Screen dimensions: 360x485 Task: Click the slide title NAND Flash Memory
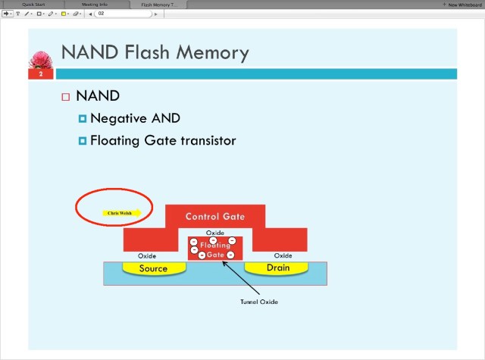pyautogui.click(x=155, y=52)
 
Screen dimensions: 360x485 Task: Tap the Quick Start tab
pyautogui.click(x=33, y=5)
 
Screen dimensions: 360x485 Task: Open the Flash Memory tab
pyautogui.click(x=158, y=5)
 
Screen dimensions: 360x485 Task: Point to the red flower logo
pyautogui.click(x=40, y=60)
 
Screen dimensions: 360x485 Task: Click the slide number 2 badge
pyautogui.click(x=41, y=74)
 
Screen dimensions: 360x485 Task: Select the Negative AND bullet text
pyautogui.click(x=135, y=118)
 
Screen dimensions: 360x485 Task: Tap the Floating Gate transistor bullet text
pyautogui.click(x=163, y=140)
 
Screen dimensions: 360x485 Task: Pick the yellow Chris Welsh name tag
pyautogui.click(x=118, y=213)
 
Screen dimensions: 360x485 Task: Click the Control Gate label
pyautogui.click(x=215, y=217)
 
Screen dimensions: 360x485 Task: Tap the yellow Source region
pyautogui.click(x=153, y=268)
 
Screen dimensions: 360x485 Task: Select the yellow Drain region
pyautogui.click(x=278, y=268)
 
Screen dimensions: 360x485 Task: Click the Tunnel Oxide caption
pyautogui.click(x=259, y=302)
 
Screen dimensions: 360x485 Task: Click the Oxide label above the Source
pyautogui.click(x=147, y=255)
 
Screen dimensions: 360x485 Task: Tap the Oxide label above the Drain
pyautogui.click(x=283, y=255)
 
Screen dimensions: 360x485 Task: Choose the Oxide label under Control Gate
pyautogui.click(x=214, y=233)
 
